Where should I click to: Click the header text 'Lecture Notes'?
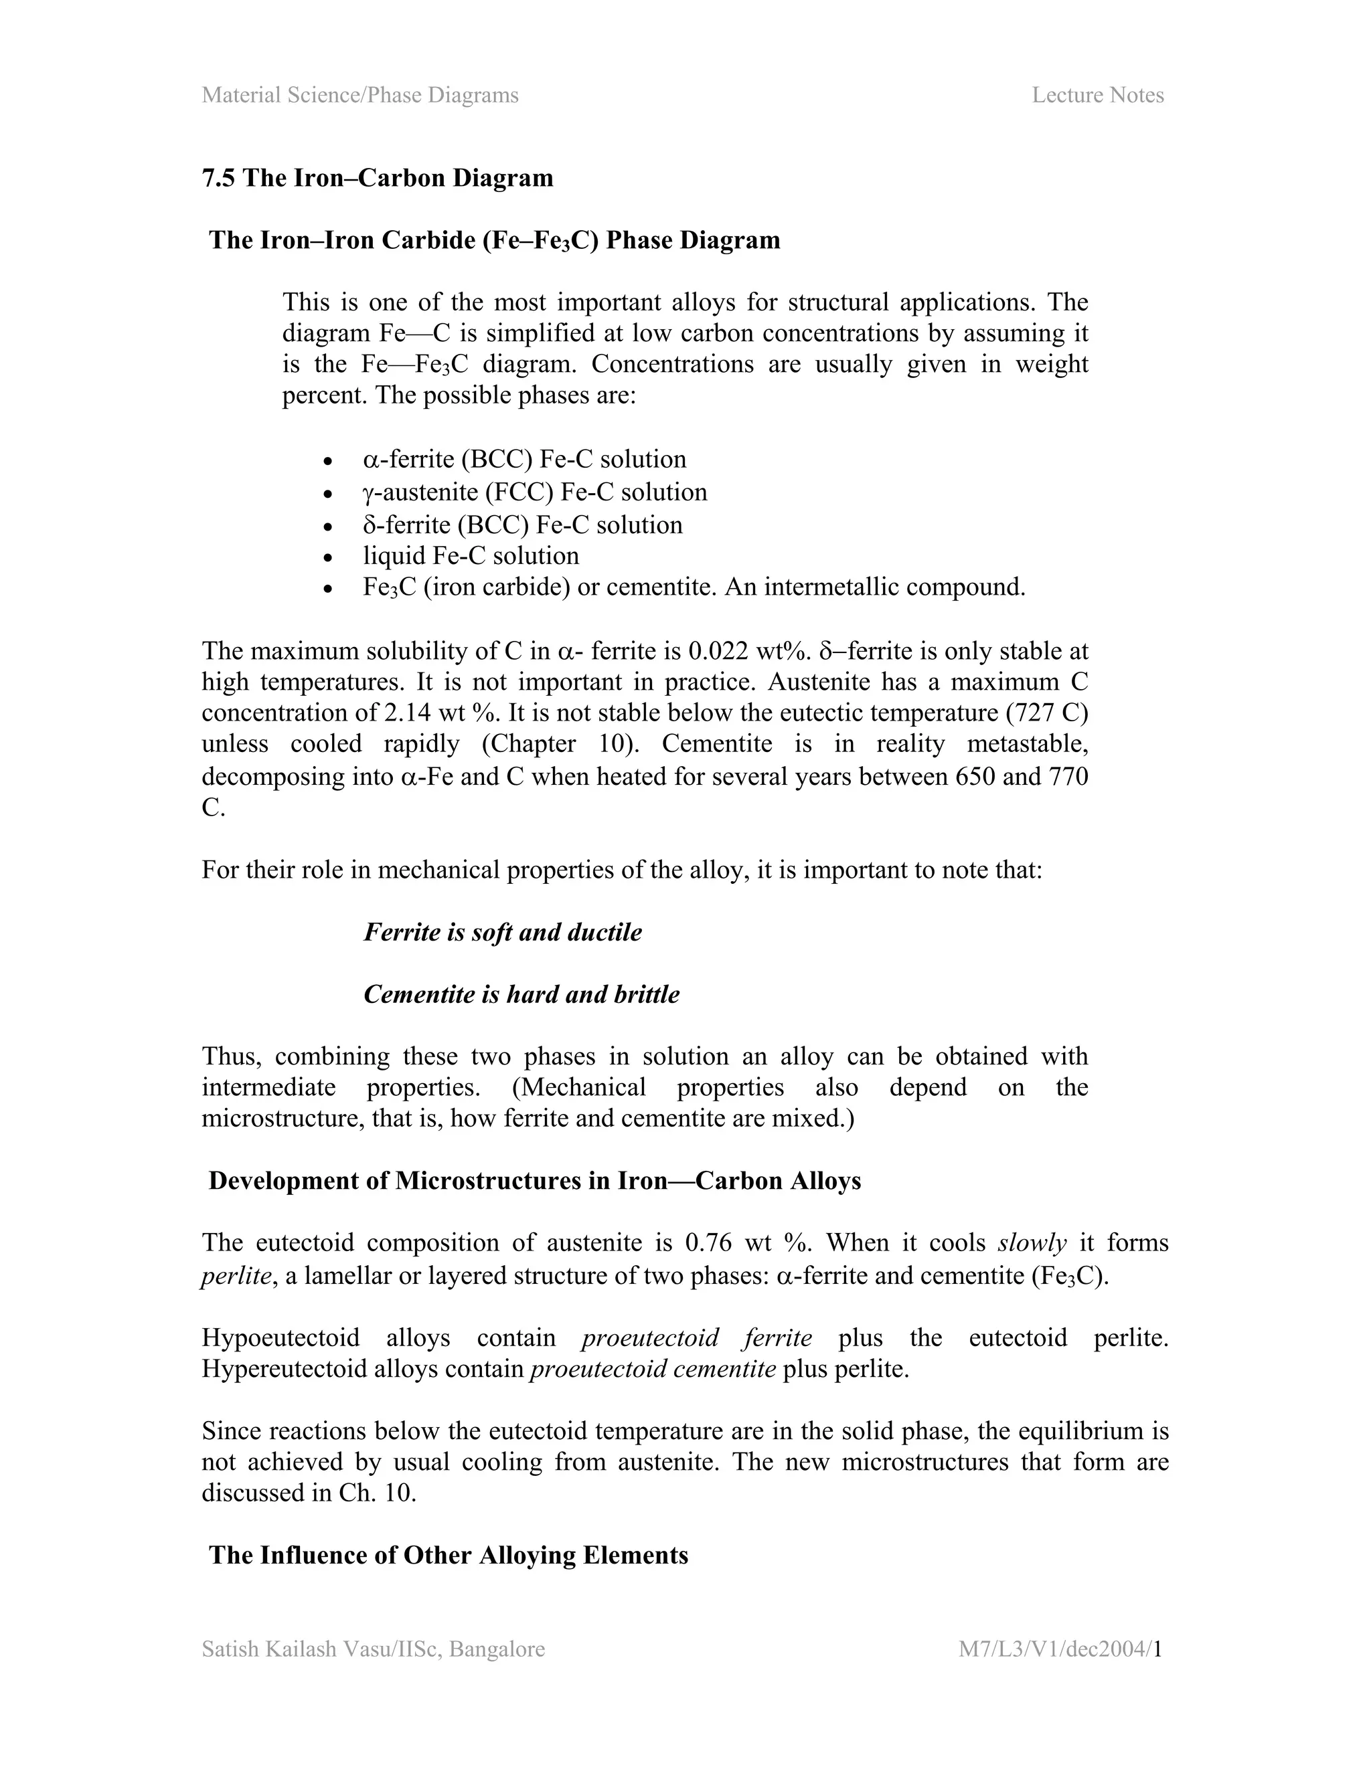point(1097,96)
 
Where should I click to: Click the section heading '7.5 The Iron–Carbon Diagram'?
point(378,178)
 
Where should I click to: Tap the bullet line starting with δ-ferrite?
point(522,525)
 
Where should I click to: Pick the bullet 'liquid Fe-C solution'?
point(471,556)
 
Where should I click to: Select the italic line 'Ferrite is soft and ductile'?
point(503,932)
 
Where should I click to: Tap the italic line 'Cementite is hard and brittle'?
point(521,994)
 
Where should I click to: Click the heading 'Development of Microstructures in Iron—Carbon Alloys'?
point(534,1180)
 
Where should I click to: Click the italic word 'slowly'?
point(1032,1243)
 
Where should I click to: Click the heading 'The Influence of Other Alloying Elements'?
point(449,1555)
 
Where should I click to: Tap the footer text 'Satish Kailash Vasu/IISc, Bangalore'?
point(374,1650)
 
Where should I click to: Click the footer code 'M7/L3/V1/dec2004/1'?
point(1061,1650)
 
